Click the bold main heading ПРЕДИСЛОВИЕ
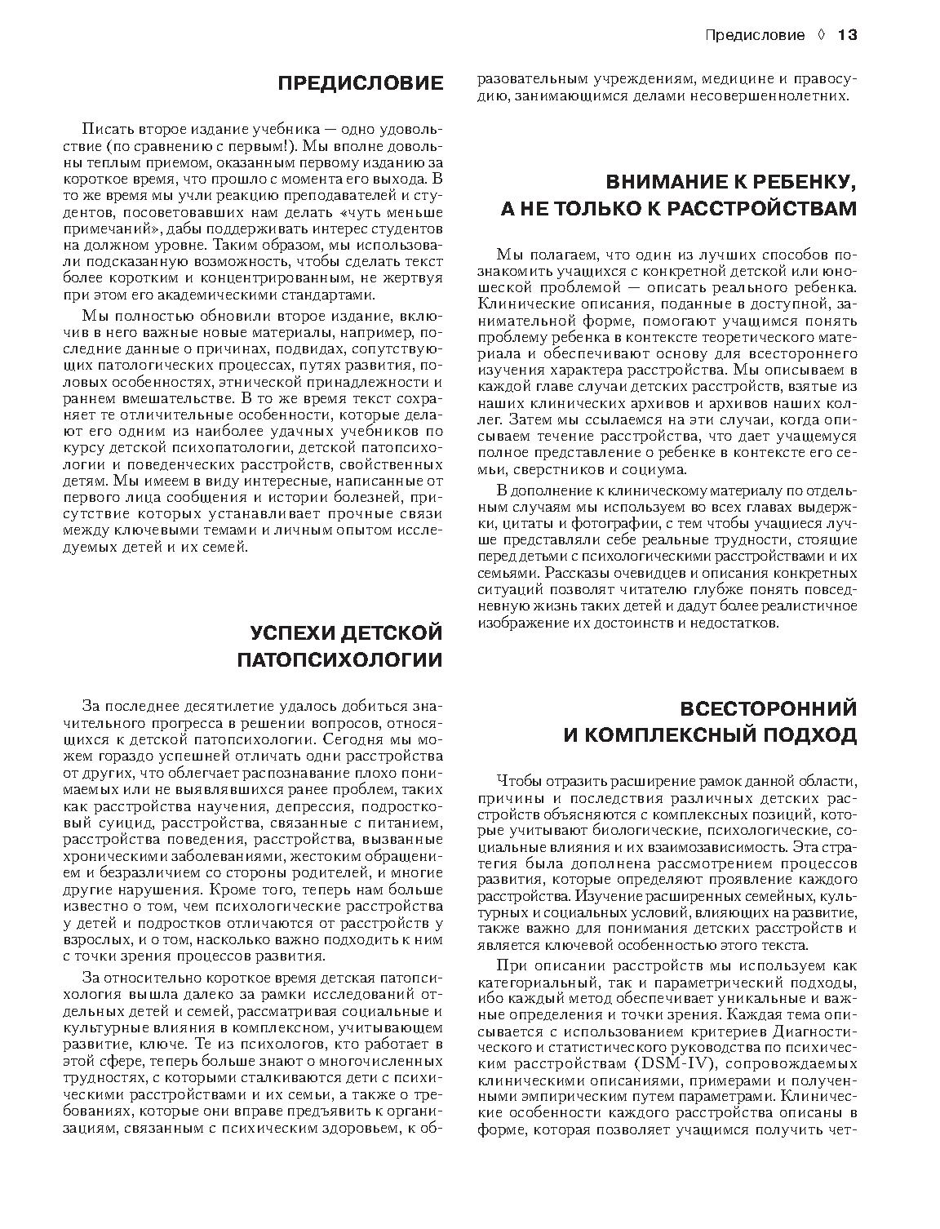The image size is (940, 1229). click(361, 83)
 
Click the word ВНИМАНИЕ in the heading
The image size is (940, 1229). click(664, 181)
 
